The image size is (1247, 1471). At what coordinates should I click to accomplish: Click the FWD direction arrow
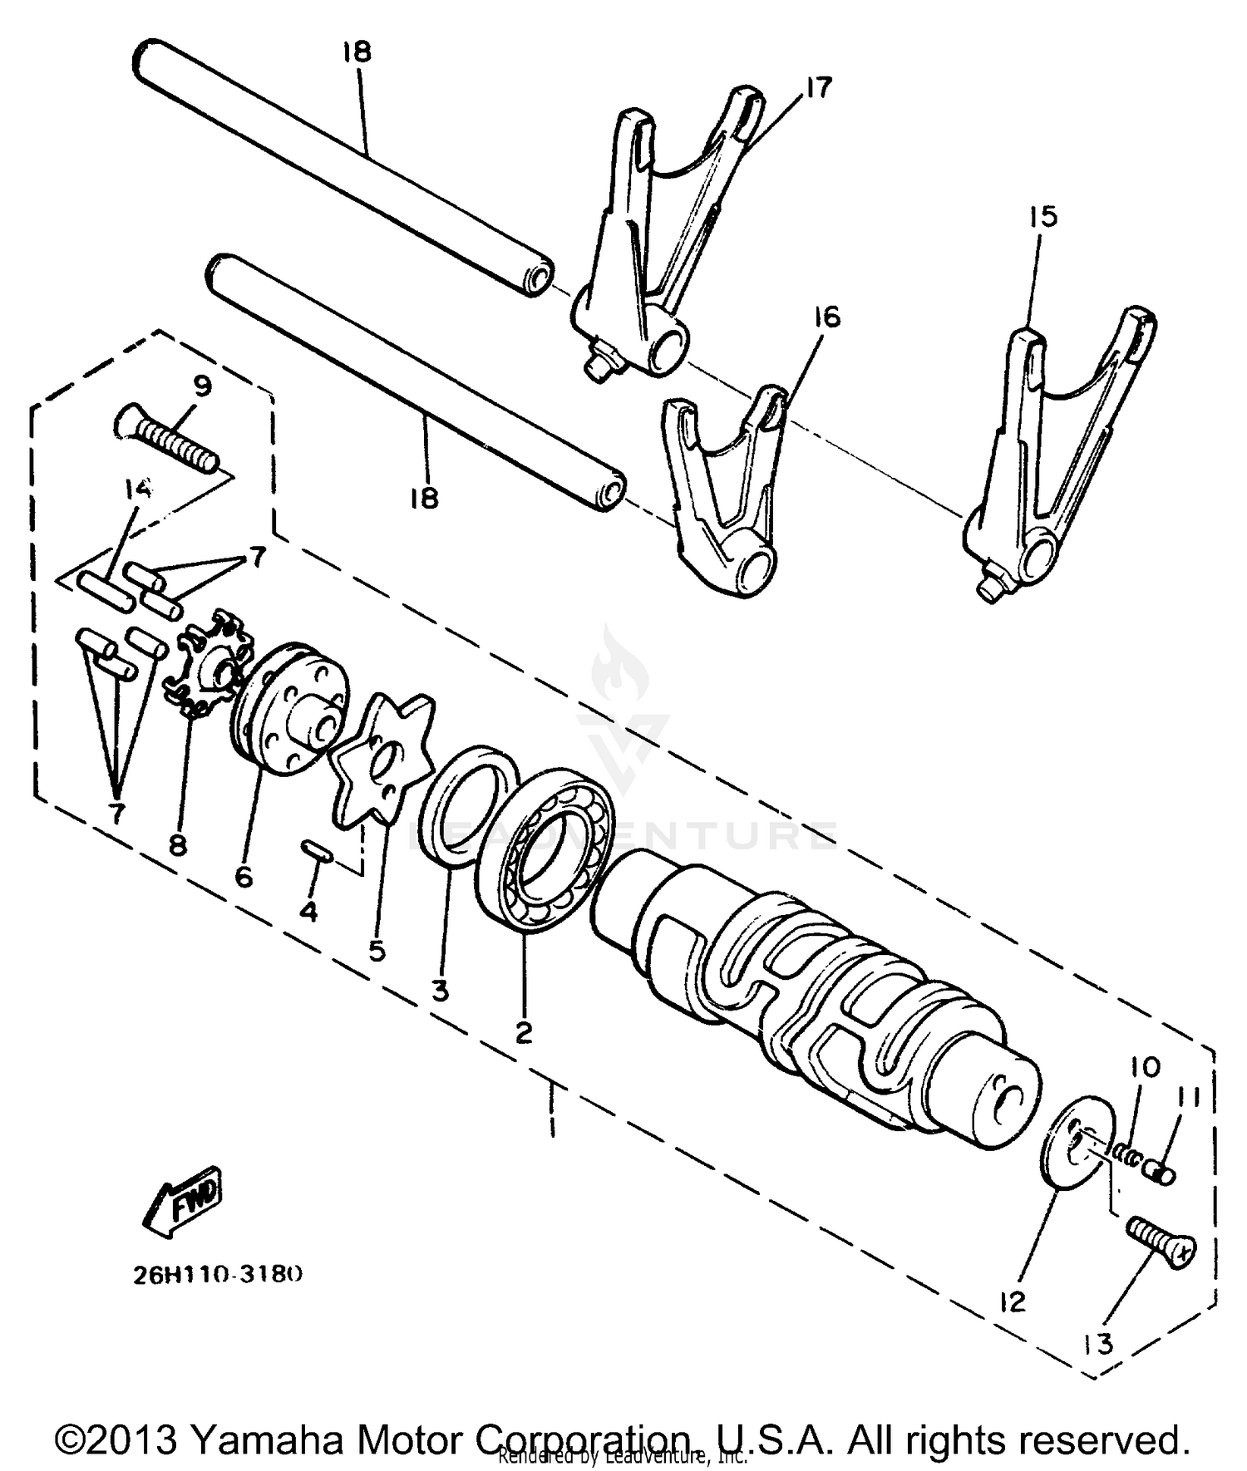point(181,1199)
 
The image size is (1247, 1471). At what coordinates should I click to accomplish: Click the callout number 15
point(1042,217)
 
